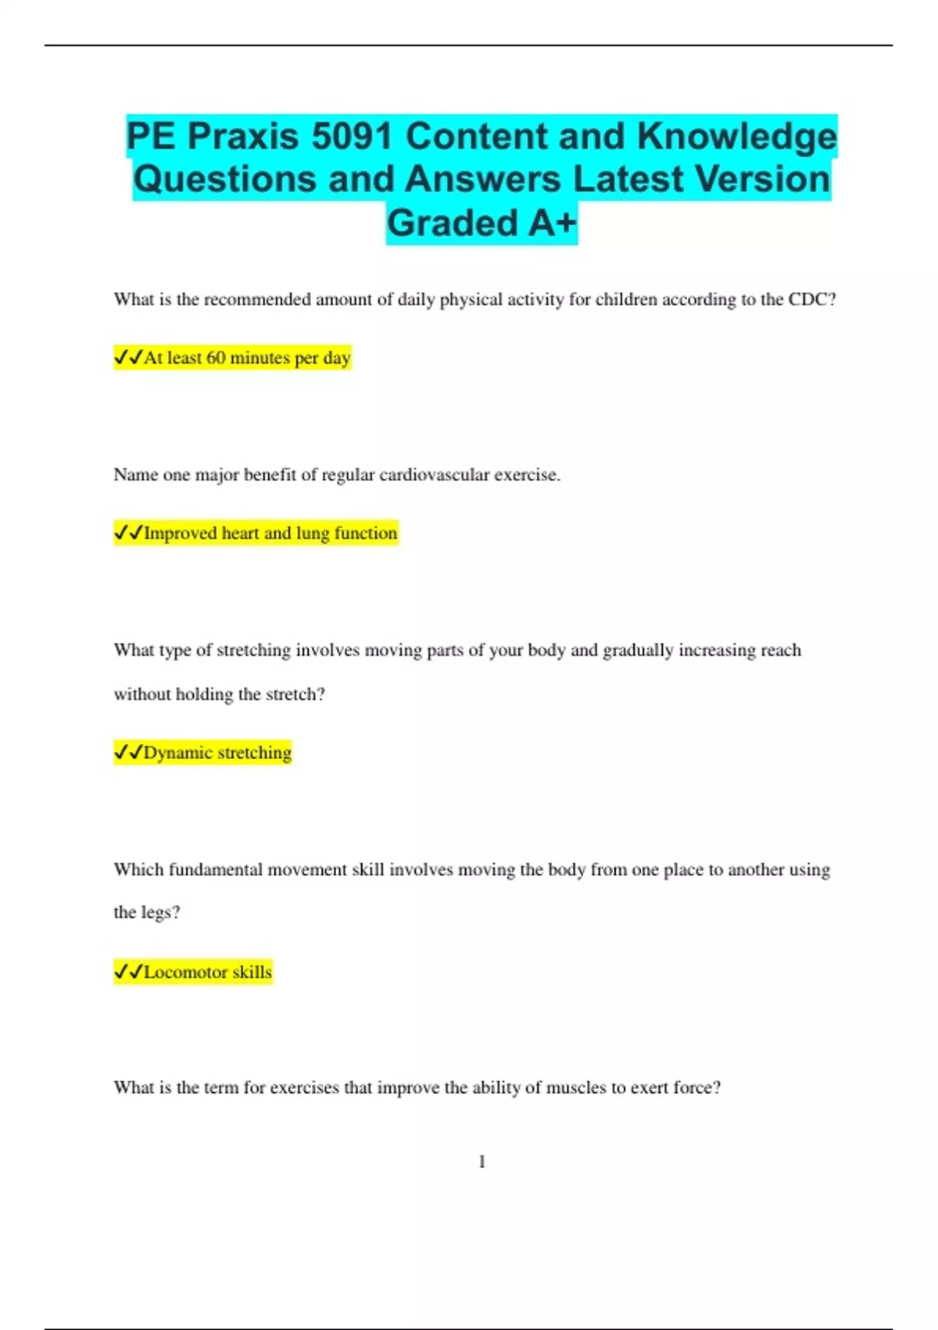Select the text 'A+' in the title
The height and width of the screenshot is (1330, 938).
(x=552, y=223)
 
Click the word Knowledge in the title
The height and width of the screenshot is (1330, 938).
(x=736, y=137)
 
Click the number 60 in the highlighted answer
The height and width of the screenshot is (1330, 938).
(x=216, y=358)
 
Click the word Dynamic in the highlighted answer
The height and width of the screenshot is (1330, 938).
(x=178, y=753)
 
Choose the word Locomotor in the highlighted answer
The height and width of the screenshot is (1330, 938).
(x=185, y=972)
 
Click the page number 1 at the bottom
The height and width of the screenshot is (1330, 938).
(x=482, y=1162)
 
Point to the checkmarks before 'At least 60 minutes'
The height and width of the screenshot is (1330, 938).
(x=128, y=358)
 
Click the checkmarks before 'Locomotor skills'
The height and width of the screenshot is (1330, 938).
(x=128, y=972)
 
